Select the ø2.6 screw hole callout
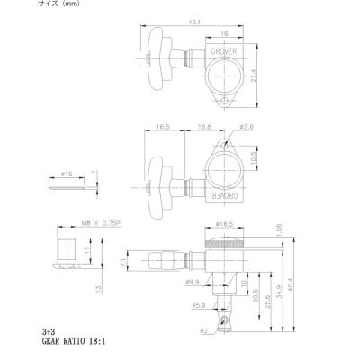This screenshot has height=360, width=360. pos(245,129)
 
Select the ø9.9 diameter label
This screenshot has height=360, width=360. pos(190,282)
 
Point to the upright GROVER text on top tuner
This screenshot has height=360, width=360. pos(224,52)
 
